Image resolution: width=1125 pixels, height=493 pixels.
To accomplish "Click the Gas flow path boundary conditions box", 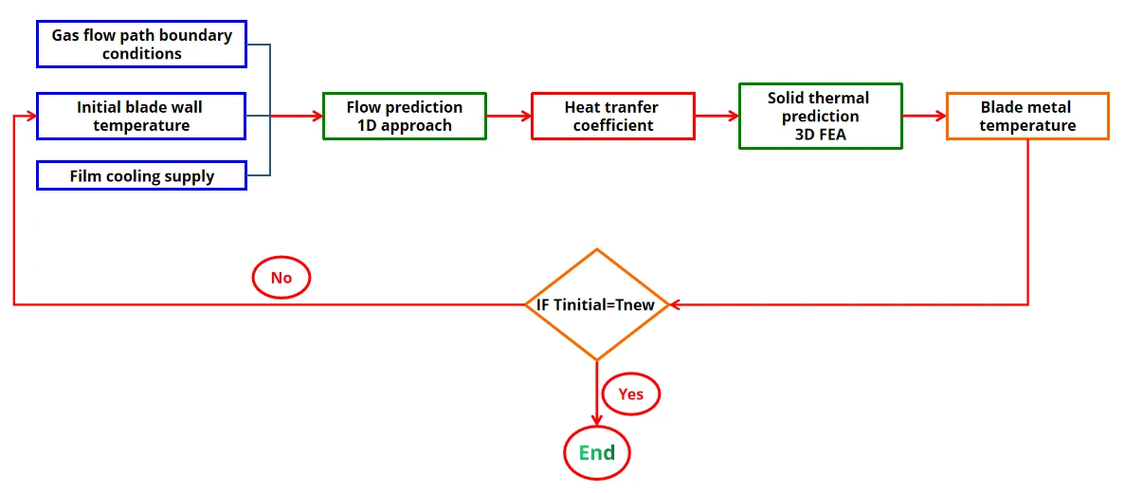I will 141,45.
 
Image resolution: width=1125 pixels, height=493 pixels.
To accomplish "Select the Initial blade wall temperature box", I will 141,116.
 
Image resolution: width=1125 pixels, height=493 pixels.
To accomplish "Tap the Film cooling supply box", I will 141,175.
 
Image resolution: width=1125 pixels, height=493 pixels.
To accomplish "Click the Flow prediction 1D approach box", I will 404,116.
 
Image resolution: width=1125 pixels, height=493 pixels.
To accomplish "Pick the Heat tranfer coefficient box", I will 613,116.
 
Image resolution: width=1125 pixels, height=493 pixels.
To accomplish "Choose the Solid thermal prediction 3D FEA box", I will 820,116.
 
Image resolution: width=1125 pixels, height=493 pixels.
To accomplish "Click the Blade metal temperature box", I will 1027,116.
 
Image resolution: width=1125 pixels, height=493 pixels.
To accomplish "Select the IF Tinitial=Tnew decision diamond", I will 597,304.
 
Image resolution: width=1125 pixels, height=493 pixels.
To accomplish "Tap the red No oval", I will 281,278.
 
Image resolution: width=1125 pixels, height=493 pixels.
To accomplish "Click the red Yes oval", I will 630,393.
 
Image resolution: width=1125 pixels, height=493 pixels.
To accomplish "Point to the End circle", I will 597,453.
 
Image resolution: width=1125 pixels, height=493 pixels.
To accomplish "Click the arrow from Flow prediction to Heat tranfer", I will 509,116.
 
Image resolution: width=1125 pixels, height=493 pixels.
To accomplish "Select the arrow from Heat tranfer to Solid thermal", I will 717,116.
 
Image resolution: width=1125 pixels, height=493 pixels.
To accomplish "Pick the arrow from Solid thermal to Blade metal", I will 924,116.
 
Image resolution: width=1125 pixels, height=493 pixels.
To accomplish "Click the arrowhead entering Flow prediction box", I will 317,116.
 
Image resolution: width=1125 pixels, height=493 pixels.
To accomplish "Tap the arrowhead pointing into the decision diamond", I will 676,304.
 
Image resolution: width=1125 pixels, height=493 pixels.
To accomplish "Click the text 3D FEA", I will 820,134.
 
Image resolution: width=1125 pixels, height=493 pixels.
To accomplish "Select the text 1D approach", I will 404,125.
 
